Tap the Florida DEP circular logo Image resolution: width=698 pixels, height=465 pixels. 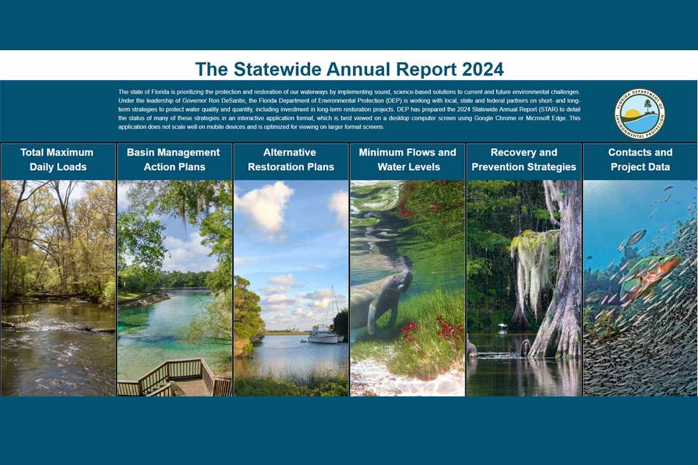click(639, 114)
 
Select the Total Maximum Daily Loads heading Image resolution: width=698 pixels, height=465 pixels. click(58, 160)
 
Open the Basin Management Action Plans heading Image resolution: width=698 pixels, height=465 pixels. click(174, 160)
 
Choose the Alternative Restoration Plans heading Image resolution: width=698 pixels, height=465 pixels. click(291, 160)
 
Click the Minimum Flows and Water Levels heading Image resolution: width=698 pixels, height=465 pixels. click(407, 160)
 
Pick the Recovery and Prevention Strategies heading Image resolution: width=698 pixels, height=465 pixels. click(524, 160)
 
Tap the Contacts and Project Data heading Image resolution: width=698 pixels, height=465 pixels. click(640, 160)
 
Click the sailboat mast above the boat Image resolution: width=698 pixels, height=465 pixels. click(332, 305)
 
